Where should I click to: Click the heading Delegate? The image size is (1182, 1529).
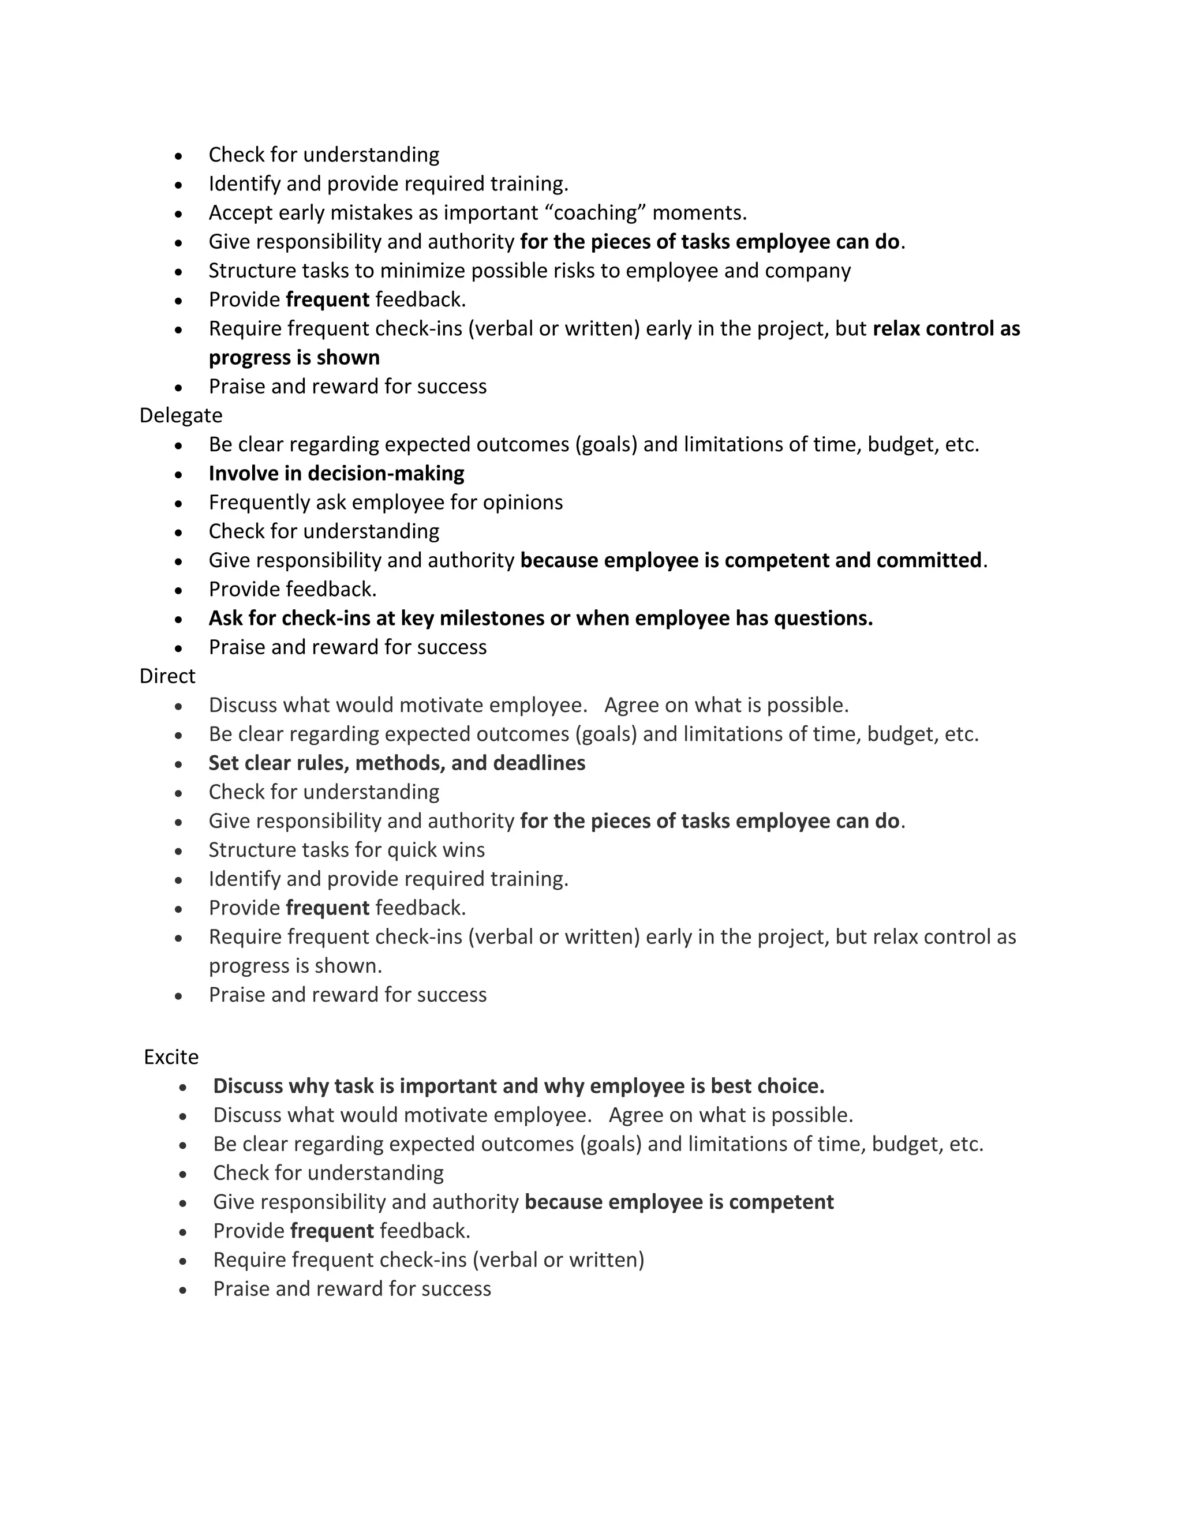[x=181, y=415]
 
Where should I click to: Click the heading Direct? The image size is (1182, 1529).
[x=167, y=676]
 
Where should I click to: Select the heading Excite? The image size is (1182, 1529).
[x=171, y=1056]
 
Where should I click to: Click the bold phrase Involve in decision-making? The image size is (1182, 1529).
[x=336, y=473]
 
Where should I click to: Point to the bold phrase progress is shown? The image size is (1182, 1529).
[x=294, y=357]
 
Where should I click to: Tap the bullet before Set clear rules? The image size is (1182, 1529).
[x=179, y=764]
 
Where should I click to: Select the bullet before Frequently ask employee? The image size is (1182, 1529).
[x=179, y=503]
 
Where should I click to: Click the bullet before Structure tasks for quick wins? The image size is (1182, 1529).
[x=179, y=850]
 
